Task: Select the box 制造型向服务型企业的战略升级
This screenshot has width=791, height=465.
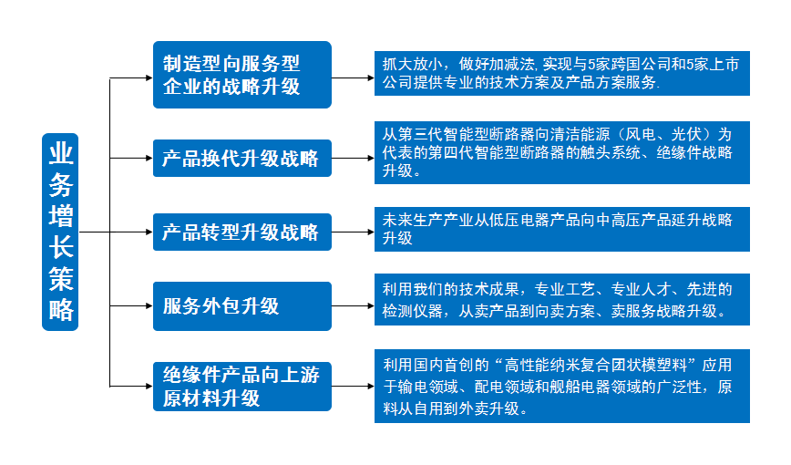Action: [241, 75]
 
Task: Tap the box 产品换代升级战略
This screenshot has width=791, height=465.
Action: [241, 158]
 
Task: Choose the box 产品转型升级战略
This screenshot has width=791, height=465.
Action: [241, 232]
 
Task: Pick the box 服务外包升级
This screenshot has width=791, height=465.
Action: [241, 305]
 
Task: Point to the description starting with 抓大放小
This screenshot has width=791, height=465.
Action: [561, 73]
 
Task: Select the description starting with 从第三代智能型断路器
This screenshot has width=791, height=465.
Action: [561, 152]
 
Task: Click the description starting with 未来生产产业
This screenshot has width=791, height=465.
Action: [561, 229]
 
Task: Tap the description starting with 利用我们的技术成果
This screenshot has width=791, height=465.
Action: [561, 300]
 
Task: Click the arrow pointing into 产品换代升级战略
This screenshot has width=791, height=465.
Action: [131, 158]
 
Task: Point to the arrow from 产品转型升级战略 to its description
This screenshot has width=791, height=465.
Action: [353, 232]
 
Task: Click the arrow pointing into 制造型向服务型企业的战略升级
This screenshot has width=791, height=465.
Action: [131, 78]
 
